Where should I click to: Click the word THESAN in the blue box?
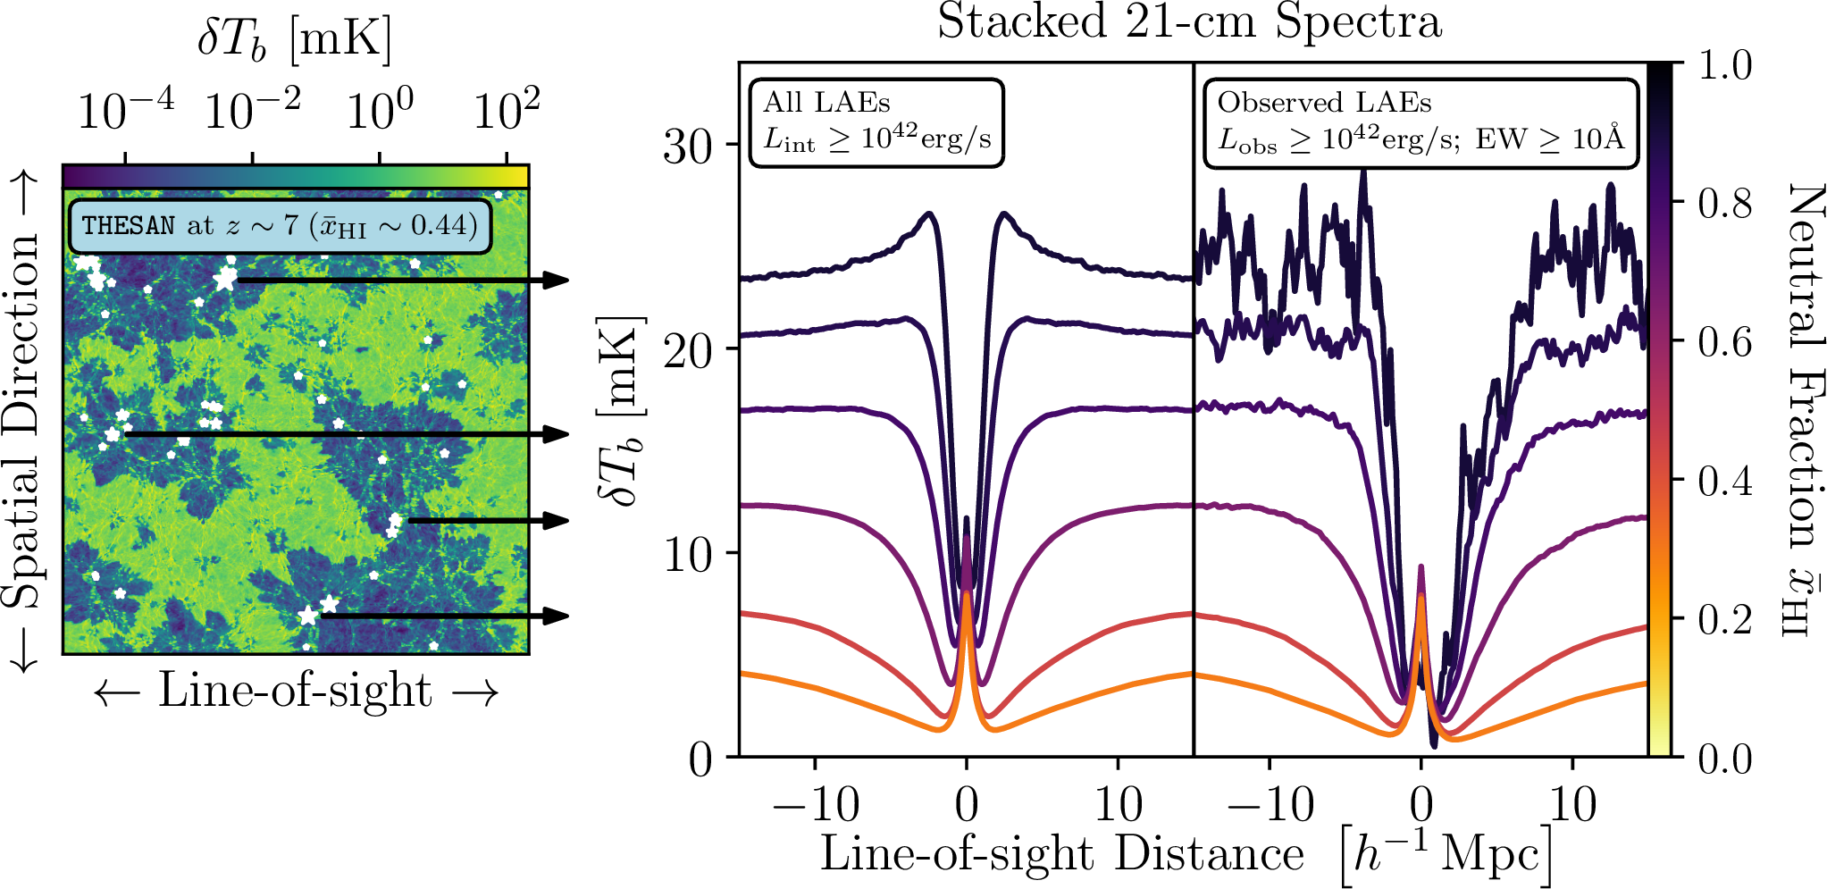coord(129,225)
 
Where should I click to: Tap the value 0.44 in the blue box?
coord(438,225)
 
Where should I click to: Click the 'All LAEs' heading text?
coord(826,104)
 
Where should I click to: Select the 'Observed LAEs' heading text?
coord(1324,104)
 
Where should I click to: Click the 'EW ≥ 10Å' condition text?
coord(1549,139)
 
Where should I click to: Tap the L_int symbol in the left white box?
coord(789,140)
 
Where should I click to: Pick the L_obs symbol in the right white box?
coord(1247,140)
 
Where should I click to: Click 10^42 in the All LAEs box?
coord(889,137)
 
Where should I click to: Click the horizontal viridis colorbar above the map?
coord(295,176)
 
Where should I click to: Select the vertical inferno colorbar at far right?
coord(1659,411)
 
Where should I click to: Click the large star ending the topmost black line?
coord(225,280)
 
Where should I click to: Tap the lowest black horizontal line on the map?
coord(424,616)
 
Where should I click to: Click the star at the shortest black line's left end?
coord(395,520)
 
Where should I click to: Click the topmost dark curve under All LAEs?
coord(849,263)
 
